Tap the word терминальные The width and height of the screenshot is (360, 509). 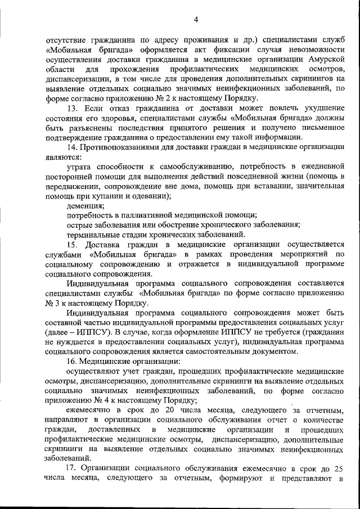pyautogui.click(x=93, y=234)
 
